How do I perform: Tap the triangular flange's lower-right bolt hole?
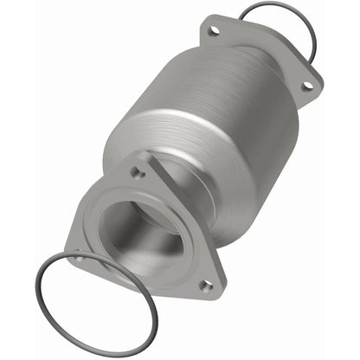pos(205,283)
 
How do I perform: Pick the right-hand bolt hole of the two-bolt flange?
pos(305,85)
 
